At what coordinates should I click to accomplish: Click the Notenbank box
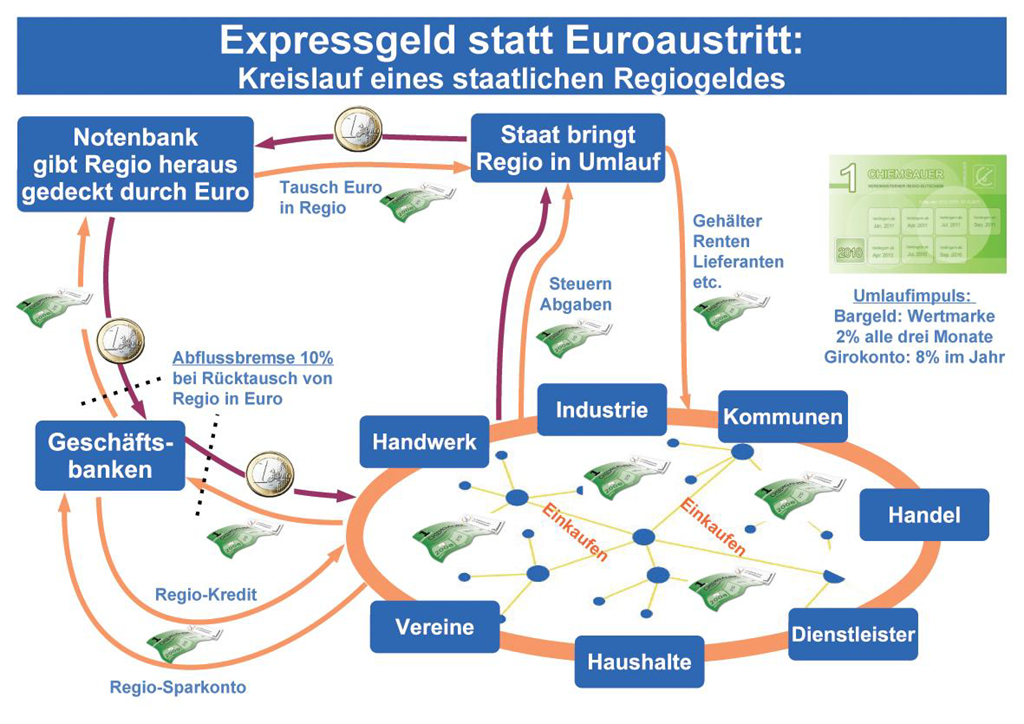click(x=135, y=164)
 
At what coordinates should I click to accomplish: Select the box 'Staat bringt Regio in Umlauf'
click(x=568, y=149)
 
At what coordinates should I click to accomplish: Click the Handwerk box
click(x=424, y=441)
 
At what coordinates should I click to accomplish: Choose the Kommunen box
click(x=783, y=416)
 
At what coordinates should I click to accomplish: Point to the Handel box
click(x=923, y=515)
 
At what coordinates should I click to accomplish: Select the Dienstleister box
click(x=853, y=634)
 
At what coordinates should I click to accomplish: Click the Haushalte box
click(x=639, y=661)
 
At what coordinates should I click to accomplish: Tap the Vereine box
click(x=434, y=627)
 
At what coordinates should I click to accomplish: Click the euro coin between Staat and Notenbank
click(x=358, y=129)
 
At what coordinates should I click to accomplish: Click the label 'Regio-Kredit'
click(x=206, y=595)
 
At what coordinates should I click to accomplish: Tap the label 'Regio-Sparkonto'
click(x=178, y=687)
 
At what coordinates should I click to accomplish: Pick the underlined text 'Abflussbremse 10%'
click(x=252, y=357)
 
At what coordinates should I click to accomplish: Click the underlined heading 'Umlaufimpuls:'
click(x=914, y=297)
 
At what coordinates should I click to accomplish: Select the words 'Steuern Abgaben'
click(x=575, y=295)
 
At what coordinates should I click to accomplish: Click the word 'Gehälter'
click(x=727, y=221)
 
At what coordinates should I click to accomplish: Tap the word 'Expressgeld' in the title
click(x=337, y=41)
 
